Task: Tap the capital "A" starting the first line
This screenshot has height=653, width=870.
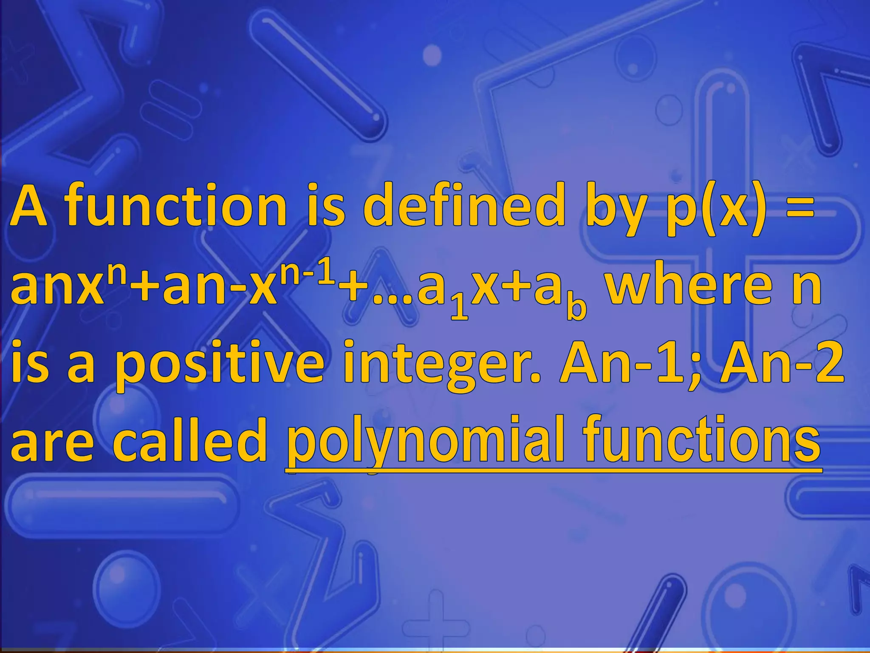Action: [x=30, y=206]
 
